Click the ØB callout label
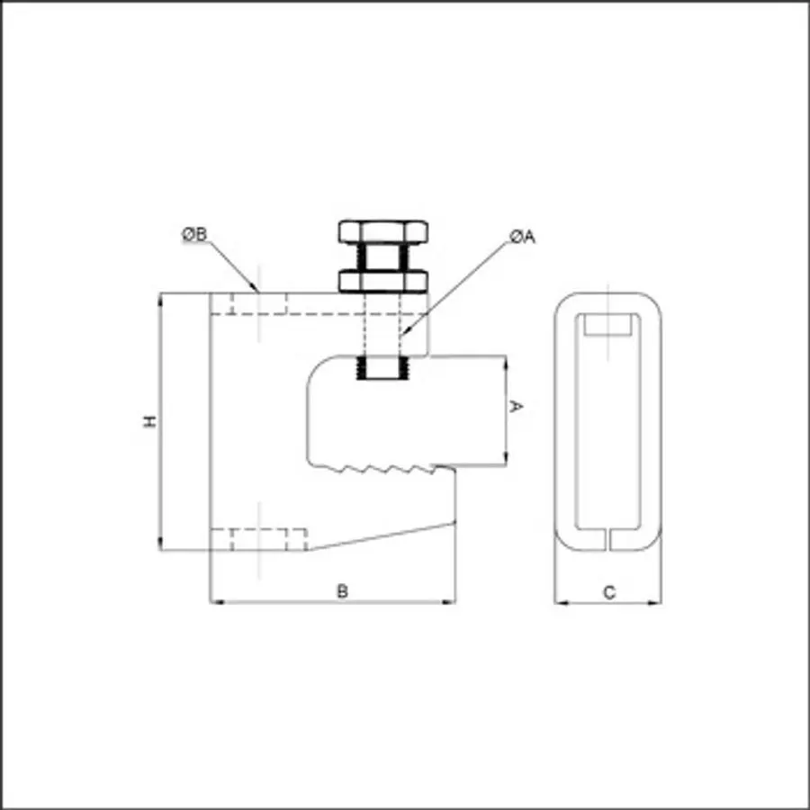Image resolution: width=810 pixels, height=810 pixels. point(194,235)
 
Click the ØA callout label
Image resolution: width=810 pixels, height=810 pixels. point(522,237)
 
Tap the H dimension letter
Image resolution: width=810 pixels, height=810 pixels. point(149,421)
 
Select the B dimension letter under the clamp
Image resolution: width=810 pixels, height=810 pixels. point(342,591)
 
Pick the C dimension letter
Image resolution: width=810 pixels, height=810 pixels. point(609,592)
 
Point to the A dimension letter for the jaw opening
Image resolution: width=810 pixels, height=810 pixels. point(516,406)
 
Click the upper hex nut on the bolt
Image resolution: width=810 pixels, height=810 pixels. point(382,232)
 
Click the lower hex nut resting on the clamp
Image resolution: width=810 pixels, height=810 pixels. point(382,282)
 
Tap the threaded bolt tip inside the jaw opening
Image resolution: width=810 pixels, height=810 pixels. point(382,368)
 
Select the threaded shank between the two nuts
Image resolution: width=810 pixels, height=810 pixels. point(382,256)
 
